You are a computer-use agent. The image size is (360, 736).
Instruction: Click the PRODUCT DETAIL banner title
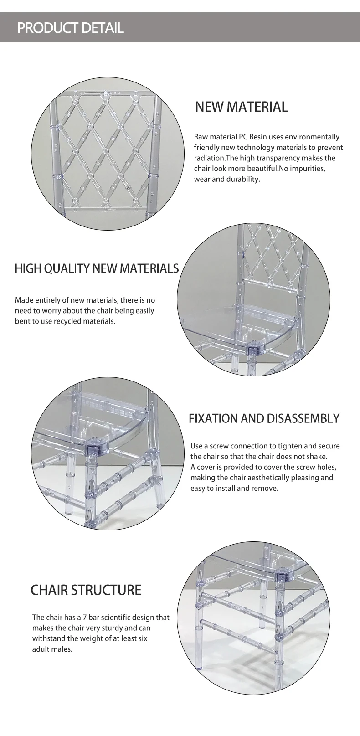click(x=70, y=28)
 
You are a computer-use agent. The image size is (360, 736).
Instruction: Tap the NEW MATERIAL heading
click(x=242, y=107)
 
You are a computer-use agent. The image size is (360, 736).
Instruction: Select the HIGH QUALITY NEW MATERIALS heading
click(x=97, y=268)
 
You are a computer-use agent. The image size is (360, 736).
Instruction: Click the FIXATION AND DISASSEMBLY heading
click(x=264, y=418)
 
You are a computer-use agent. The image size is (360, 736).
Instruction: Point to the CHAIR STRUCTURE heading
click(x=86, y=599)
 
